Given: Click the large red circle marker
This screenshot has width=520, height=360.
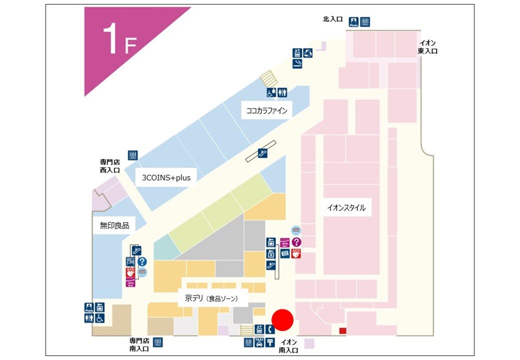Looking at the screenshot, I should tap(282, 320).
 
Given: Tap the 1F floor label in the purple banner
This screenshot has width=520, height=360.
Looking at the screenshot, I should tap(119, 40).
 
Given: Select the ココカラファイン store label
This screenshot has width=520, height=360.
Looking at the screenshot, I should tap(267, 111).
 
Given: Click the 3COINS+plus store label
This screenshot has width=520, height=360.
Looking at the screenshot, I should tap(166, 177).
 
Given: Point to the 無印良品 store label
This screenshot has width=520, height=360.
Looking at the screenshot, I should tap(114, 225).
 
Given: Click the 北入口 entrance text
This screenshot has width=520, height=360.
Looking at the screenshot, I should tap(332, 19).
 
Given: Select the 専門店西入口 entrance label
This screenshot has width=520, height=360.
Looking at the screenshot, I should tap(110, 166).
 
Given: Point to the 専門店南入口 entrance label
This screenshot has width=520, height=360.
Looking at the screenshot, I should tap(139, 344).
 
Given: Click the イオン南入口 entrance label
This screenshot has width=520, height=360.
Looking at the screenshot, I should tap(288, 346).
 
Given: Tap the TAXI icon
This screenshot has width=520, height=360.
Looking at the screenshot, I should tap(259, 342).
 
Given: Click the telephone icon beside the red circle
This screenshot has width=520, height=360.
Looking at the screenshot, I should tap(270, 329).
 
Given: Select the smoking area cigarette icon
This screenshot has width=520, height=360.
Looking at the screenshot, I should tap(297, 63).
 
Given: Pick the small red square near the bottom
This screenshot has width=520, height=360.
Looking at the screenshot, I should tap(342, 330).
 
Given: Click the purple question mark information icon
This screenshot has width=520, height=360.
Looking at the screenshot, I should tap(296, 242).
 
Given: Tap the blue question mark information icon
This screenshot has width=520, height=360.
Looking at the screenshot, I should tap(142, 261).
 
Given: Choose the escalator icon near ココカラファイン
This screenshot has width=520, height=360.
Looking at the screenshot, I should tap(262, 153).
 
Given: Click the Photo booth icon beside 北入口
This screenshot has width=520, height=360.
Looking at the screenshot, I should tap(354, 22).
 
